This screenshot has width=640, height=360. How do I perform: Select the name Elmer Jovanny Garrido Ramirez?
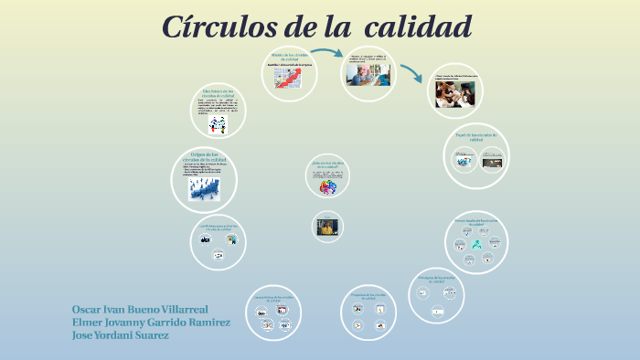pyautogui.click(x=151, y=322)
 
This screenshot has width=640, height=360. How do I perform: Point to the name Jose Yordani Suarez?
pyautogui.click(x=121, y=334)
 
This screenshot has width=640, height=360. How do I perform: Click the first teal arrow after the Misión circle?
pyautogui.click(x=327, y=54)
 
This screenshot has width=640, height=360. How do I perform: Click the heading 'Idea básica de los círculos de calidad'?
pyautogui.click(x=219, y=93)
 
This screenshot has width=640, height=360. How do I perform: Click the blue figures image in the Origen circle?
pyautogui.click(x=203, y=187)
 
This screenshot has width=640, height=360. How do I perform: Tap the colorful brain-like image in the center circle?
pyautogui.click(x=328, y=186)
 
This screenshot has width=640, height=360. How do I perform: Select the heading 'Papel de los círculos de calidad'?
pyautogui.click(x=475, y=138)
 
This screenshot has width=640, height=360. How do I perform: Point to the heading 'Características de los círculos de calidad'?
pyautogui.click(x=272, y=299)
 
